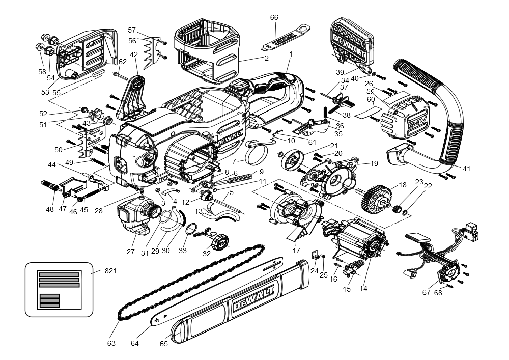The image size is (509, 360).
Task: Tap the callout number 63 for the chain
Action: click(111, 343)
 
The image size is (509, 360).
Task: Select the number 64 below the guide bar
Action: click(134, 343)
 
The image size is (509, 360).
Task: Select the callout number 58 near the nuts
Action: click(42, 72)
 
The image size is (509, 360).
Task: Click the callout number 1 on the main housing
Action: click(291, 53)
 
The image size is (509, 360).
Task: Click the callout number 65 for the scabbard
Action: click(164, 343)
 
